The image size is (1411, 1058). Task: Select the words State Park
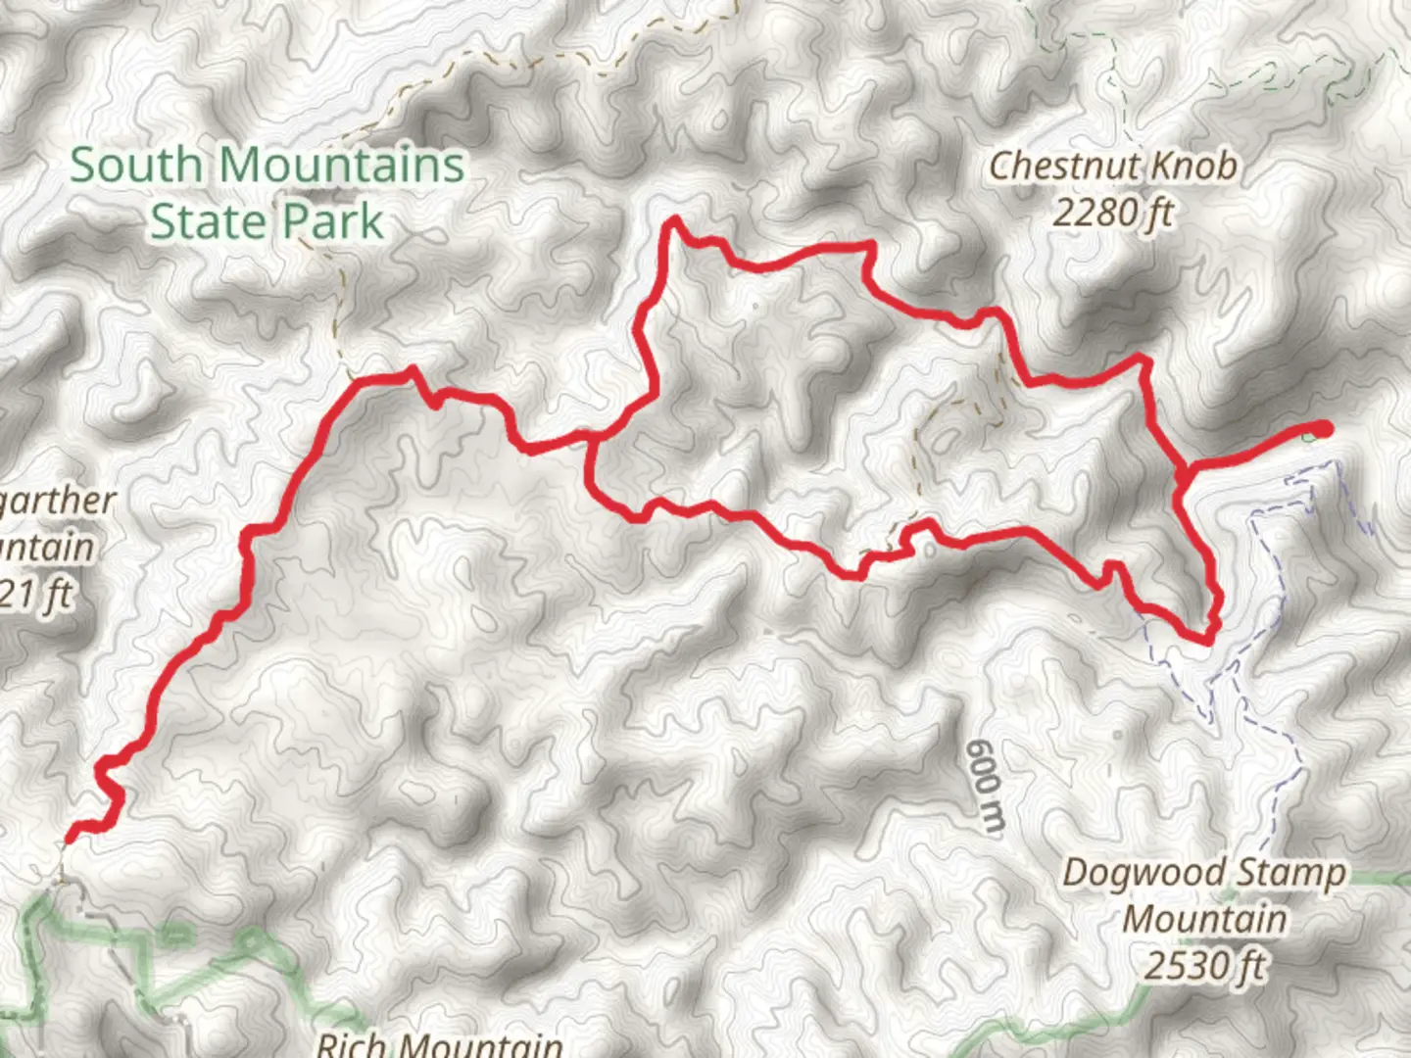click(267, 221)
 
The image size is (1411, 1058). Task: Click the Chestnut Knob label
click(1112, 167)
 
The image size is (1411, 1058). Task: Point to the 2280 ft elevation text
click(1112, 212)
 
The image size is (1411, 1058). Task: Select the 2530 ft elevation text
click(1204, 966)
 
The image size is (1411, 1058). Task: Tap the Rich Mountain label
click(439, 1044)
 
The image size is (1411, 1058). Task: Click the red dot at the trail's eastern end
click(1323, 428)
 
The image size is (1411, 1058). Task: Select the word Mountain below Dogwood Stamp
click(1204, 919)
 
